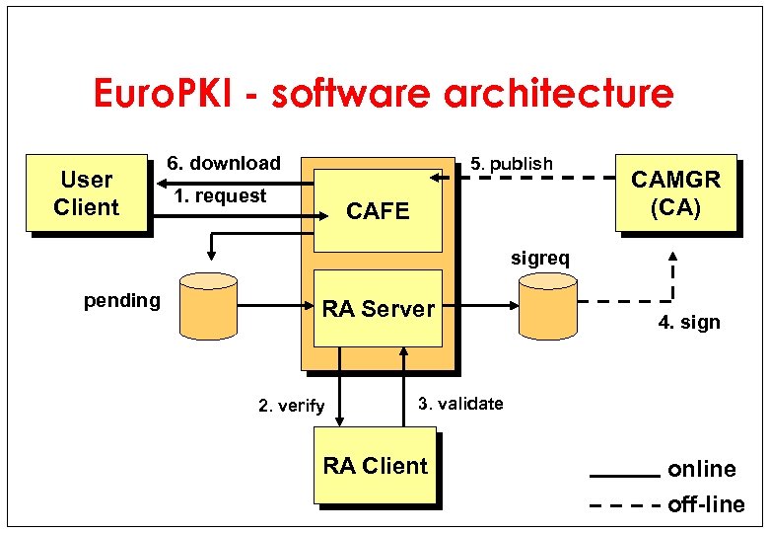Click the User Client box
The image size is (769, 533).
coord(87,193)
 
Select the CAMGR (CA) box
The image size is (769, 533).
coord(675,193)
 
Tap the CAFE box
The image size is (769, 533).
coord(378,211)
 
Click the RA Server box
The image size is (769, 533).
coord(378,309)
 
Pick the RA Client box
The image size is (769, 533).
coord(376,466)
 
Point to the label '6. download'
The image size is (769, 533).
coord(223,163)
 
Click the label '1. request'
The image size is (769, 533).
coord(220,195)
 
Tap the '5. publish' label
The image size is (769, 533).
coord(512,163)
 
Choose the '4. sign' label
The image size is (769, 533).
coord(689,322)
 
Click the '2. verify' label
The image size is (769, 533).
coord(291,406)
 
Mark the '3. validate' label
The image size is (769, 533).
coord(460,403)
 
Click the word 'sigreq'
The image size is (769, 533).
coord(539,259)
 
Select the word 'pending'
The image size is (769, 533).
coord(121,300)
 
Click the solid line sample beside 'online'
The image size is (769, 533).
coord(624,475)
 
